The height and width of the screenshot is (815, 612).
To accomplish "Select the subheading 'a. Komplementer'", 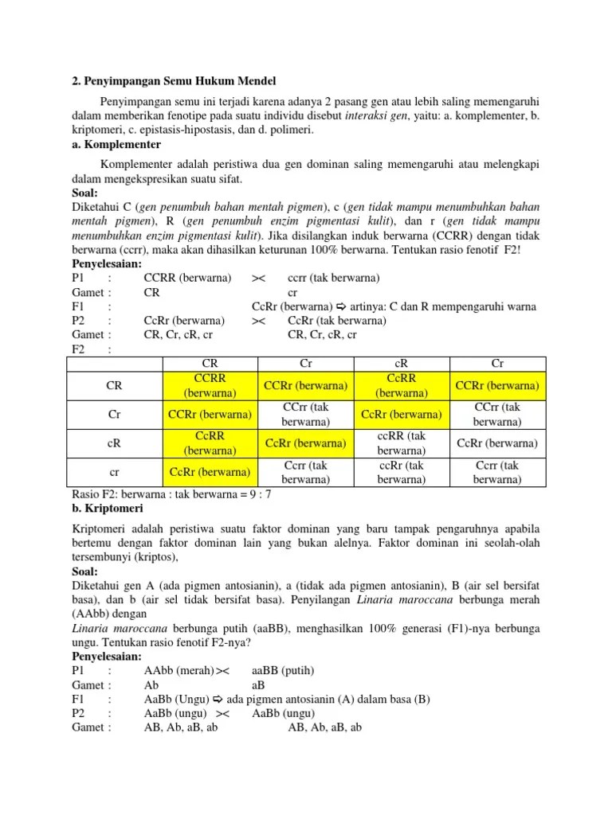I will [116, 145].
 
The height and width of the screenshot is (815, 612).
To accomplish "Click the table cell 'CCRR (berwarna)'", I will [210, 386].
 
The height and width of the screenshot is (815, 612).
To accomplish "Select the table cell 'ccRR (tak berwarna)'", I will [402, 443].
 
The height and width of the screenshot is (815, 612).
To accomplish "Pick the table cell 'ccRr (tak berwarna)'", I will [402, 472].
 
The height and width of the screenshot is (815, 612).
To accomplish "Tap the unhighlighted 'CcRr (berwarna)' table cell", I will [497, 443].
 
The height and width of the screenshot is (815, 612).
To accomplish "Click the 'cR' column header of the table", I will [402, 364].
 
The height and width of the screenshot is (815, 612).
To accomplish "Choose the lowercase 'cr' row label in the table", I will [114, 472].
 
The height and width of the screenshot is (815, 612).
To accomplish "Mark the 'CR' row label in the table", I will [114, 386].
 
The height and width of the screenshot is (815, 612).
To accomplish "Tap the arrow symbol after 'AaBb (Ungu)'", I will [218, 699].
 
